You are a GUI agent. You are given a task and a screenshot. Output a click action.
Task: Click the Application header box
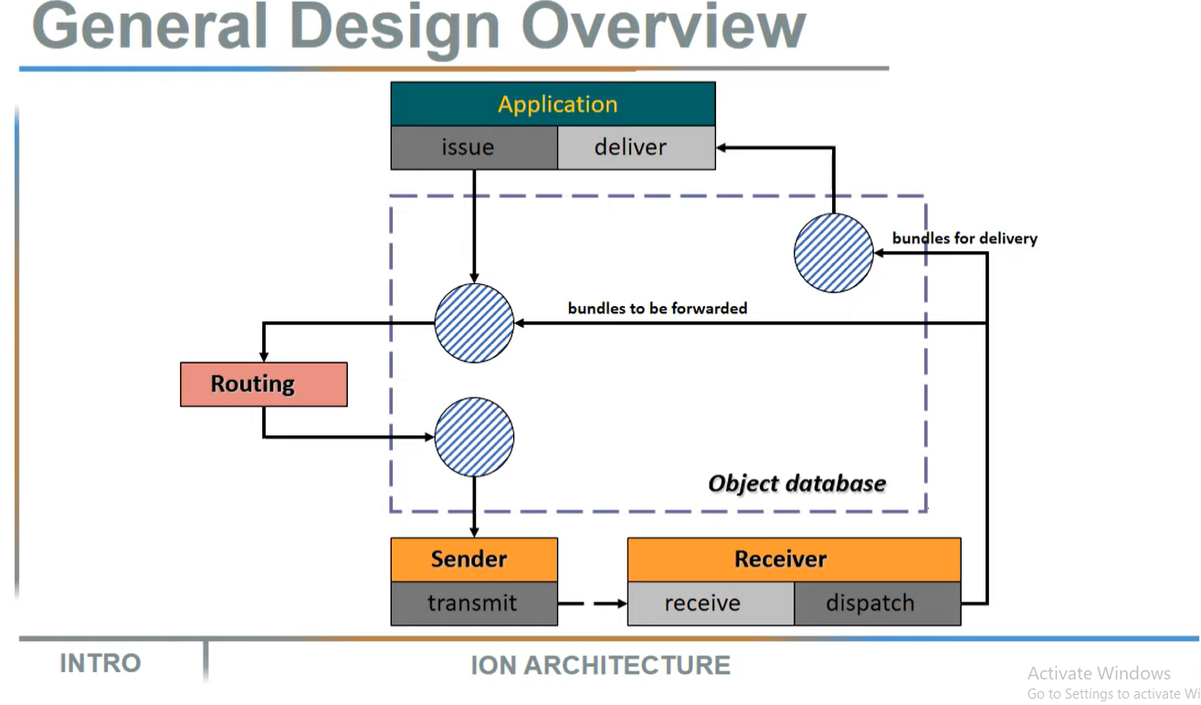[x=553, y=104]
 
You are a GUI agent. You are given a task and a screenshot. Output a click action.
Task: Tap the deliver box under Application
[x=636, y=148]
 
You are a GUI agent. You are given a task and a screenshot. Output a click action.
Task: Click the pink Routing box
[x=263, y=384]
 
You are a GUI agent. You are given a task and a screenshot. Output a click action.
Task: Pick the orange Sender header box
[x=473, y=560]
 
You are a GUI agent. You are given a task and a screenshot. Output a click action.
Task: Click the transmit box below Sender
[x=473, y=604]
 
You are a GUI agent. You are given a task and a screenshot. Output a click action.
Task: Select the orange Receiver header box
[x=794, y=560]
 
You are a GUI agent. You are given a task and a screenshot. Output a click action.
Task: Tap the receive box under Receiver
[x=710, y=604]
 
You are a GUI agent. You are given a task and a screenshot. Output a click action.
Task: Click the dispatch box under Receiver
[x=876, y=604]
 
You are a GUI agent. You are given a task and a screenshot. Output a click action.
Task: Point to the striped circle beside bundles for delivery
[x=833, y=253]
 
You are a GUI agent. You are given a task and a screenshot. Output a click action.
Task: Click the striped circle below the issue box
[x=474, y=322]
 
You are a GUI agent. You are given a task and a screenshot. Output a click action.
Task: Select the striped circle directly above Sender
[x=474, y=437]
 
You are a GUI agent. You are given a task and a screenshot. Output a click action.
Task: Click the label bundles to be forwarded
[x=657, y=309]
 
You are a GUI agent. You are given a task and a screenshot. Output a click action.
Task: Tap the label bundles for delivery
[x=964, y=238]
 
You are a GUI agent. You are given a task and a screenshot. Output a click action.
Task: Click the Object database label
[x=796, y=484]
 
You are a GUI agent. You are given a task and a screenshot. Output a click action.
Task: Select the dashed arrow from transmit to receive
[x=592, y=604]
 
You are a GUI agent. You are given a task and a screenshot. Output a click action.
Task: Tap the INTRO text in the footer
[x=100, y=663]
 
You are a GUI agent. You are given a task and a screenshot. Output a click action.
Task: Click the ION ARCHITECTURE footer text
[x=600, y=666]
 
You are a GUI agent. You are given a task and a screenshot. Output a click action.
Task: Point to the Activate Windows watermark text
[x=1098, y=673]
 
